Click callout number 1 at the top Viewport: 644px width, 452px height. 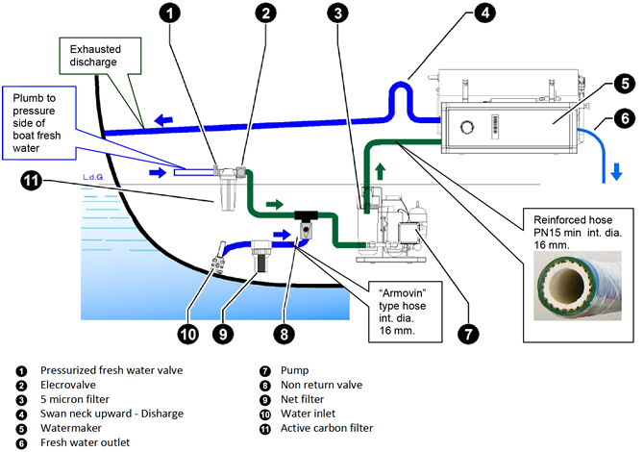click(169, 13)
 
